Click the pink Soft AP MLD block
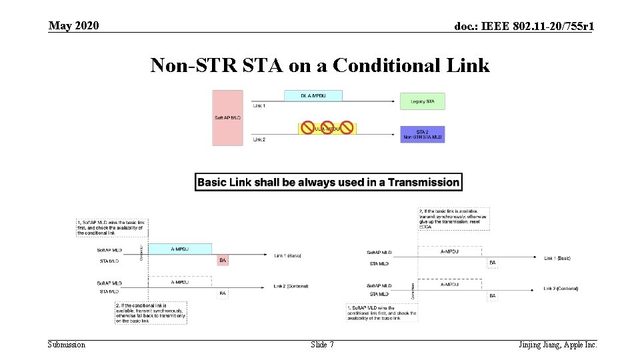click(x=228, y=117)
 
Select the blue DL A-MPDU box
click(x=313, y=95)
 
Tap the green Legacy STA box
click(x=422, y=101)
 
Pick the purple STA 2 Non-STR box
click(x=422, y=134)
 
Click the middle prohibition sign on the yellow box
click(x=327, y=127)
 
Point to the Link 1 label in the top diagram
click(x=259, y=106)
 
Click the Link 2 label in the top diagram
click(x=259, y=139)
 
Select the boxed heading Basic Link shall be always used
click(x=328, y=182)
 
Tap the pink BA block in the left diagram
click(x=223, y=260)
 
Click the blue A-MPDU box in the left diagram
click(x=179, y=249)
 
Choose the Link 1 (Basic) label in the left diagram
click(x=287, y=255)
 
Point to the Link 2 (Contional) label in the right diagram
click(x=561, y=289)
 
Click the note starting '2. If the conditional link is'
click(x=150, y=313)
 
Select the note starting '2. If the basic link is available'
click(x=453, y=218)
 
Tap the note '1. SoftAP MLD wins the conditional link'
click(x=382, y=313)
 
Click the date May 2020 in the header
click(x=73, y=26)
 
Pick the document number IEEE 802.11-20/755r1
click(x=524, y=27)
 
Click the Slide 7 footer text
click(x=322, y=345)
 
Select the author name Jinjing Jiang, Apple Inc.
click(x=557, y=345)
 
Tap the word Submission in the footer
click(x=67, y=345)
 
